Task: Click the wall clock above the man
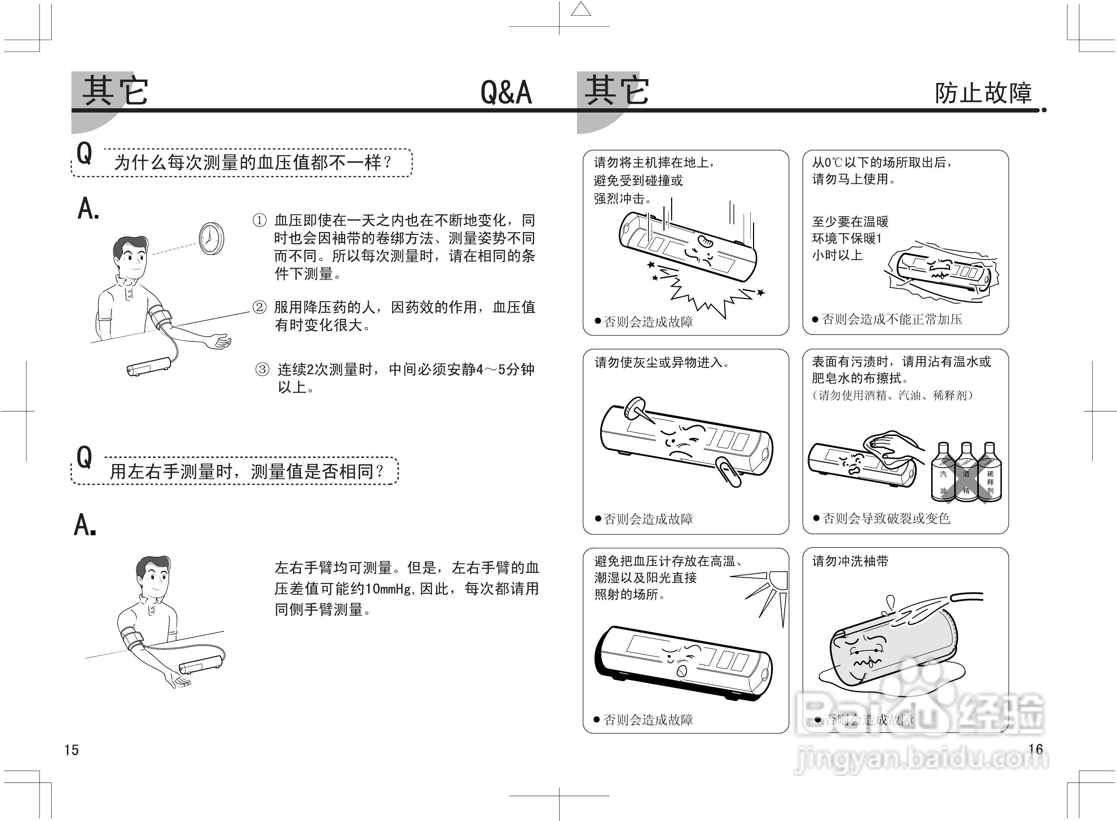(211, 239)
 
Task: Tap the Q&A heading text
(506, 92)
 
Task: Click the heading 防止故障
(983, 93)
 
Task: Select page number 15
(71, 750)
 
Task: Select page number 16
(1035, 749)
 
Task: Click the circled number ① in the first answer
(259, 220)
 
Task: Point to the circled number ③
(262, 369)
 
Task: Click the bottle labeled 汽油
(943, 475)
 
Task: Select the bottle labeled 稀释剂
(989, 475)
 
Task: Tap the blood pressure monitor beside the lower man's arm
(201, 664)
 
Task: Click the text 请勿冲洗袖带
(850, 562)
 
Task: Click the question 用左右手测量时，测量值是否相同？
(246, 471)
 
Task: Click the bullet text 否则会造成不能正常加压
(892, 319)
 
